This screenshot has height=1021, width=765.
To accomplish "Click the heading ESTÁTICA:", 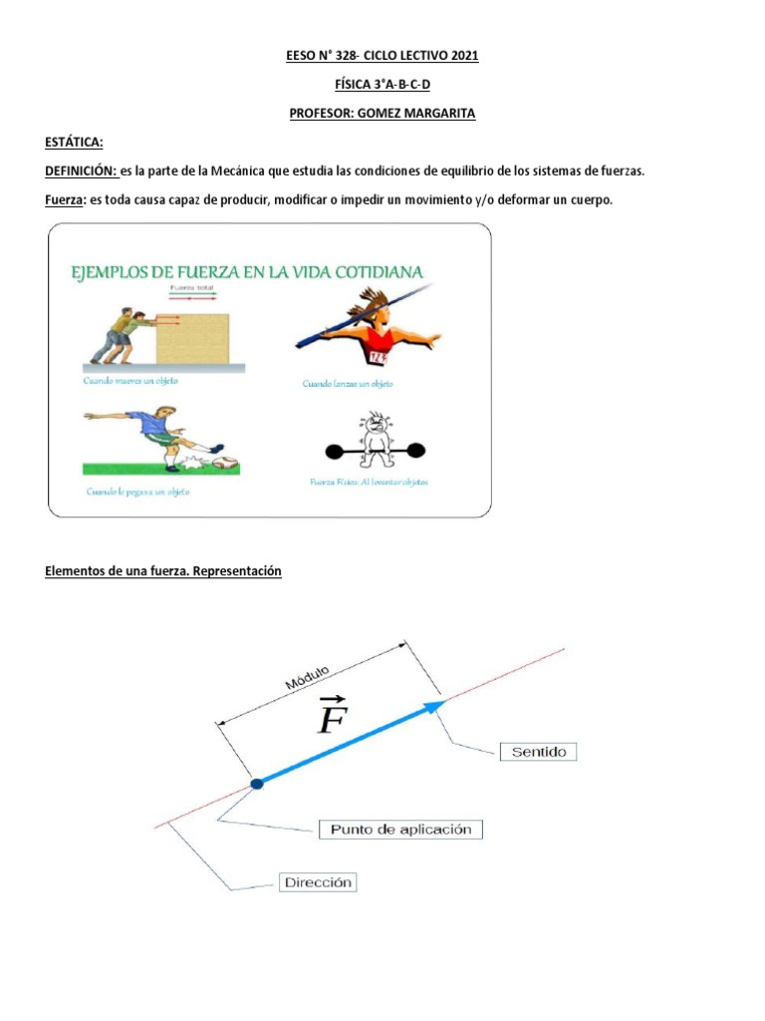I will pyautogui.click(x=74, y=143).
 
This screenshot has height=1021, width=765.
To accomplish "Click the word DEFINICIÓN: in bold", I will pyautogui.click(x=81, y=171).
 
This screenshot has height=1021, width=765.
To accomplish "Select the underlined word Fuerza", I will pyautogui.click(x=65, y=200).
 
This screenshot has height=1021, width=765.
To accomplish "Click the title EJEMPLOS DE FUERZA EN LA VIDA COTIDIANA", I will pyautogui.click(x=245, y=271).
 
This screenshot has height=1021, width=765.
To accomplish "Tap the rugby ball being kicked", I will pyautogui.click(x=227, y=462).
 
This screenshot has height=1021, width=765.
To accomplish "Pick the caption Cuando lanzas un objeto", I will pyautogui.click(x=348, y=383).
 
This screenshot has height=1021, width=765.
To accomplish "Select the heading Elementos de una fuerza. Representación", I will pyautogui.click(x=164, y=571).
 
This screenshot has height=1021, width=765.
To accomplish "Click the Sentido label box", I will pyautogui.click(x=538, y=752).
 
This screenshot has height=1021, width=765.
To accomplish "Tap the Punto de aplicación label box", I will pyautogui.click(x=400, y=829).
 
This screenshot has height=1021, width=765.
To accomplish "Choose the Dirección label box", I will pyautogui.click(x=319, y=882).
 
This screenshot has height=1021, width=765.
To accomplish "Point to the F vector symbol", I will pyautogui.click(x=331, y=715).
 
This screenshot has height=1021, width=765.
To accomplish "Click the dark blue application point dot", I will pyautogui.click(x=257, y=785).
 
